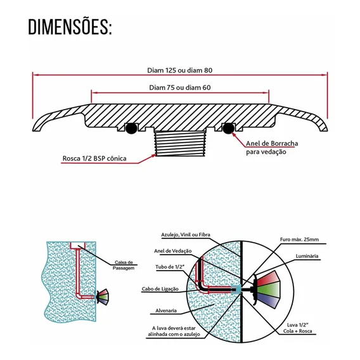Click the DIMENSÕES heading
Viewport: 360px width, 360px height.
point(70,27)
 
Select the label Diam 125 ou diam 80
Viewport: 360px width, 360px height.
point(180,70)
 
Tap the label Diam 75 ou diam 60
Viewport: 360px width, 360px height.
point(180,87)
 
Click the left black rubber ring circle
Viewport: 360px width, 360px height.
point(131,128)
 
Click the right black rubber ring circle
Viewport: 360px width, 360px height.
point(228,128)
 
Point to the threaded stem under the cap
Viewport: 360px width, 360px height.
point(180,144)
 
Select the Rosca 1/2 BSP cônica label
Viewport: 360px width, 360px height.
point(94,158)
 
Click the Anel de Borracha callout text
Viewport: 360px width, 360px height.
point(272,148)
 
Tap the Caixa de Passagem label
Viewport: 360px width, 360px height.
point(124,265)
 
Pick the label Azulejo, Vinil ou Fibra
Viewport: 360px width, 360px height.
point(186,235)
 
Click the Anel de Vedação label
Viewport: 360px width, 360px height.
point(172,251)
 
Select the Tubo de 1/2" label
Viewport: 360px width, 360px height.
point(170,267)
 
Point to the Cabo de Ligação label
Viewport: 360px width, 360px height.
point(160,289)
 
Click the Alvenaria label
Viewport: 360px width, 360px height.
point(166,311)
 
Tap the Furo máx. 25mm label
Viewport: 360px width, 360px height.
point(299,240)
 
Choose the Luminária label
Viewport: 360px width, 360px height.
point(307,256)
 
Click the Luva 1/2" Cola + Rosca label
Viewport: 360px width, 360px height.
point(297,328)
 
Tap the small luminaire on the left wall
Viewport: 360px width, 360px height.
point(102,297)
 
